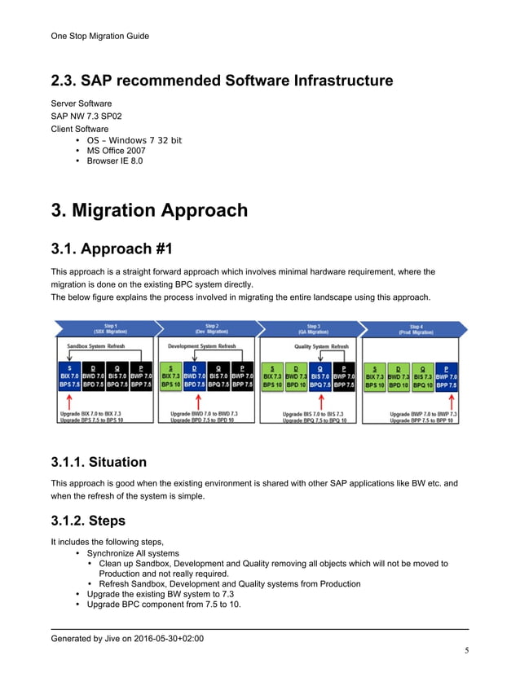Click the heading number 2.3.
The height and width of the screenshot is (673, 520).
pos(66,81)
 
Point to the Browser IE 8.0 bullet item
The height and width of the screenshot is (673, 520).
pos(115,161)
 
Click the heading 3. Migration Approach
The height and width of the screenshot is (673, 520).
pos(149,210)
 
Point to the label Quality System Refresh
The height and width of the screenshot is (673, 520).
pos(320,346)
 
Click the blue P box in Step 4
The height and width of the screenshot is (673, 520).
pos(446,376)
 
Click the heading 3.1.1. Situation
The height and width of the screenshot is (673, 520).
pos(99,462)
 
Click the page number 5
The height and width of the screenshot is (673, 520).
pos(466,649)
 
